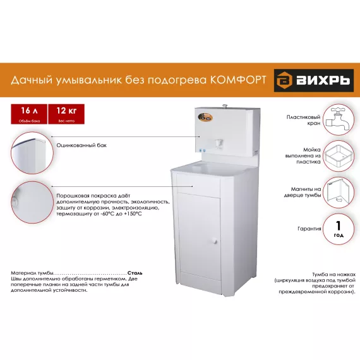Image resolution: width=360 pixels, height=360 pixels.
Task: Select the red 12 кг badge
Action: pyautogui.click(x=66, y=113)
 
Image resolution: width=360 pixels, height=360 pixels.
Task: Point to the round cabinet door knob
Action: pyautogui.click(x=215, y=240)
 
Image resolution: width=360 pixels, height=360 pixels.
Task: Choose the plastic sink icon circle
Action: pyautogui.click(x=338, y=155)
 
